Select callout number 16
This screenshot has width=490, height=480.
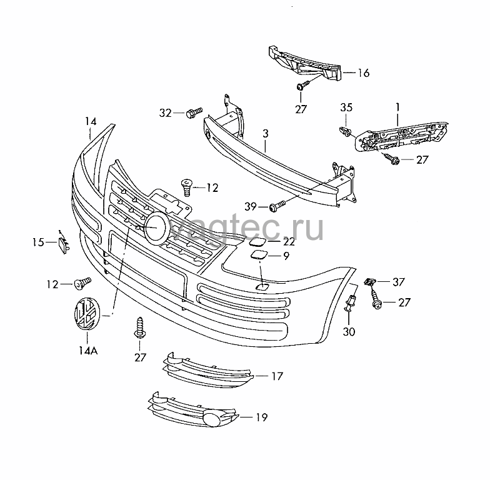(x=364, y=72)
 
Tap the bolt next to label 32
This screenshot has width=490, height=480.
(x=194, y=112)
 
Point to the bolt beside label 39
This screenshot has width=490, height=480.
(x=277, y=206)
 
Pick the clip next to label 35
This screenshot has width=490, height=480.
(x=345, y=131)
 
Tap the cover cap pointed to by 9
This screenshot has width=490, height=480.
(x=259, y=255)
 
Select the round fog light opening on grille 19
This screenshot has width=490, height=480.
(x=211, y=419)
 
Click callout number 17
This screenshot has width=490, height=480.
(x=276, y=376)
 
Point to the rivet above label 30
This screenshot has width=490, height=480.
(x=351, y=303)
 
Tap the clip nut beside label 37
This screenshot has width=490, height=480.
(x=369, y=282)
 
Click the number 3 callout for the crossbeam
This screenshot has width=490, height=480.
(x=265, y=134)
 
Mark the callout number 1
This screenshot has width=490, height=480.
(x=397, y=107)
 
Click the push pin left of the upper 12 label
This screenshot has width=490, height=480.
(x=186, y=187)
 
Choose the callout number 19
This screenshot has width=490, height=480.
(x=261, y=417)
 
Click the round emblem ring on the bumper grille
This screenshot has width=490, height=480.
(x=157, y=227)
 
